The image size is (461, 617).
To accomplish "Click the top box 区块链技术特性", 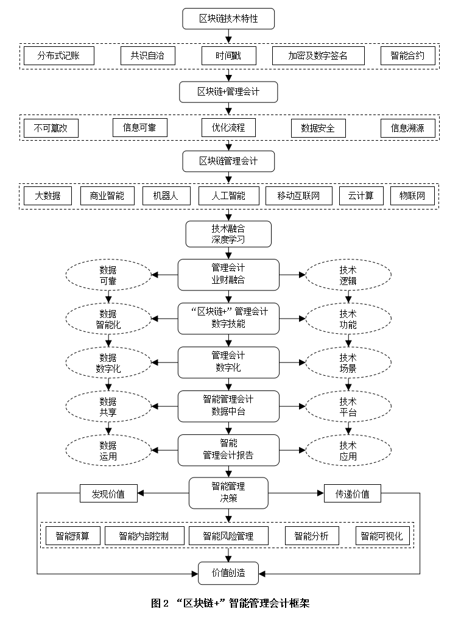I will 228,19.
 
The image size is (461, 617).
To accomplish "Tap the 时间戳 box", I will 229,56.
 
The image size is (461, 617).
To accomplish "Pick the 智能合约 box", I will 407,56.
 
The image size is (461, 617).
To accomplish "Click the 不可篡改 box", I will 51,128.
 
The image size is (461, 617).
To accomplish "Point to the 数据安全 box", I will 318,128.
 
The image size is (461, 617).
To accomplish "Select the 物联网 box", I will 412,196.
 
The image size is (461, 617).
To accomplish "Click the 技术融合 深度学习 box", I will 228,234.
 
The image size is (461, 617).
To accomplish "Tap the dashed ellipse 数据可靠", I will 108,275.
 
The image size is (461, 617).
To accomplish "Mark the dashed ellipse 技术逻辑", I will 348,275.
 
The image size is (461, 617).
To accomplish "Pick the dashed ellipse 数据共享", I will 108,407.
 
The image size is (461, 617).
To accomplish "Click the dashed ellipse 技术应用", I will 348,451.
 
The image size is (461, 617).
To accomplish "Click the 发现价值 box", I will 108,493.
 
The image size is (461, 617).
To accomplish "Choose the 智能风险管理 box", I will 228,536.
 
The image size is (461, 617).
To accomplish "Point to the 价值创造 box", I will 228,573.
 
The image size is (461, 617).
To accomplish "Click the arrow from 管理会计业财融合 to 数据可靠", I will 164,275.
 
